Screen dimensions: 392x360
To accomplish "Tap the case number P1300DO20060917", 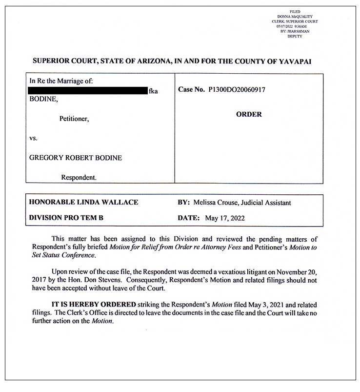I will (237, 90).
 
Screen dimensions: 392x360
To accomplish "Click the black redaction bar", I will (87, 90).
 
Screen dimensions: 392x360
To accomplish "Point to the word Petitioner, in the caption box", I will (74, 118).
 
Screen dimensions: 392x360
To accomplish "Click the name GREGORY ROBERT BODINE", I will (76, 158).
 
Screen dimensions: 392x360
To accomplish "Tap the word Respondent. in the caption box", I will (79, 178).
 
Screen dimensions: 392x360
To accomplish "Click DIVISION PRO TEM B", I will (66, 218).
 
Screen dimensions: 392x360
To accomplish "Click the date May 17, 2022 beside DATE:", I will (225, 218).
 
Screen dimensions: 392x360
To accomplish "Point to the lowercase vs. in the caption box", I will (34, 138).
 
